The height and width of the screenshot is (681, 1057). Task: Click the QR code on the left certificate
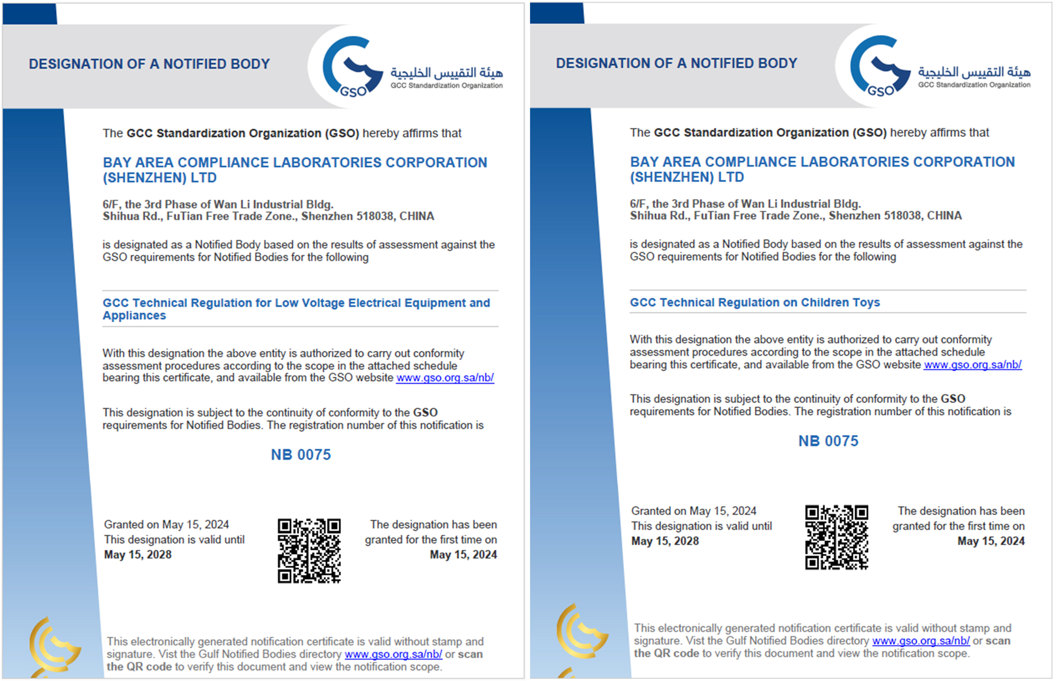tap(309, 551)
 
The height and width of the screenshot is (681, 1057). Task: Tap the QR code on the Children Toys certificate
tap(836, 537)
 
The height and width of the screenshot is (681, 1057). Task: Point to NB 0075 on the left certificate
tap(301, 455)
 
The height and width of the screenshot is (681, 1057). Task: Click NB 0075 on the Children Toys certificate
tap(828, 441)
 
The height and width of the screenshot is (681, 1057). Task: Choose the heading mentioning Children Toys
tap(755, 302)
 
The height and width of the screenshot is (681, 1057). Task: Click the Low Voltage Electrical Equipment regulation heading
tap(296, 309)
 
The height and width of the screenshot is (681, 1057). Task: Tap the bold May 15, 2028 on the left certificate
tap(138, 555)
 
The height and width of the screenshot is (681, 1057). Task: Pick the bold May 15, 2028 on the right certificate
tap(665, 541)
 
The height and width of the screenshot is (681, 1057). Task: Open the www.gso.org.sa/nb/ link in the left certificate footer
tap(393, 654)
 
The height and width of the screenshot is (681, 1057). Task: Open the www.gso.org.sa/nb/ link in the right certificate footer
tap(921, 641)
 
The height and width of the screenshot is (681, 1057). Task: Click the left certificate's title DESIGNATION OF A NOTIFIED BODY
tap(149, 64)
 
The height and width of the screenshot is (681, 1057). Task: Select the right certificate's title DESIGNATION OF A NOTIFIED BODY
tap(676, 63)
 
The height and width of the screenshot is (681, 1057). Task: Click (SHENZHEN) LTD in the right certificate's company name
tap(687, 177)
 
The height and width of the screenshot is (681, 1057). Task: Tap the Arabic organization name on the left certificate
tap(447, 72)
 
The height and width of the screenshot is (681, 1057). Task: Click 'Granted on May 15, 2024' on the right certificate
tap(693, 511)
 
